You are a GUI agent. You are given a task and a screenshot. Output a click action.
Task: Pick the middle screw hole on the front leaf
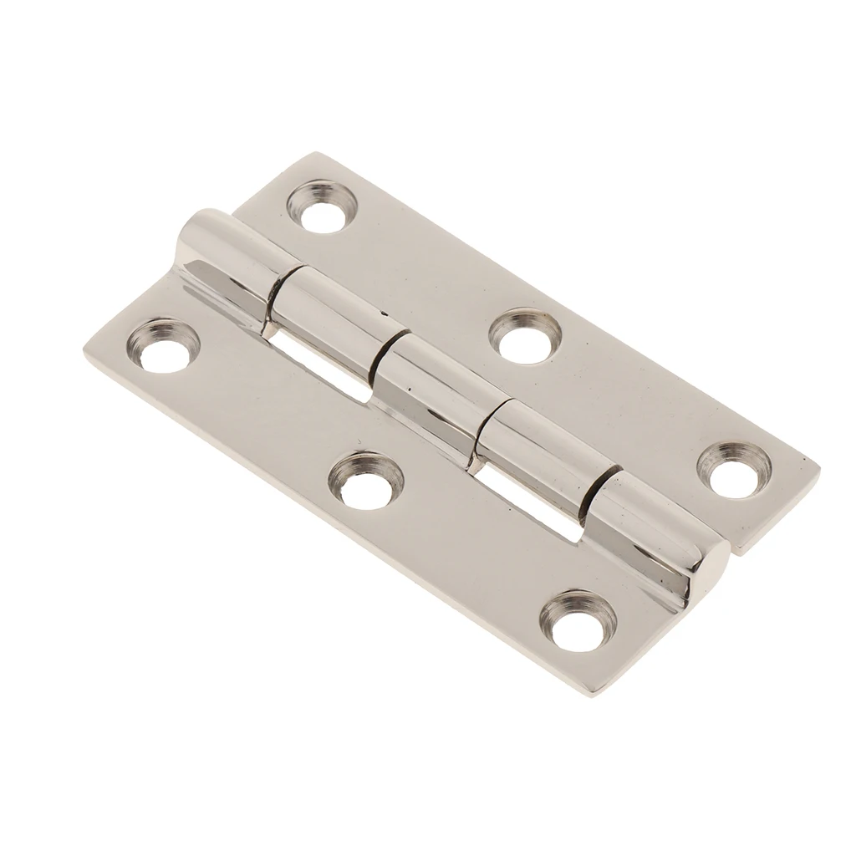pos(365,479)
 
